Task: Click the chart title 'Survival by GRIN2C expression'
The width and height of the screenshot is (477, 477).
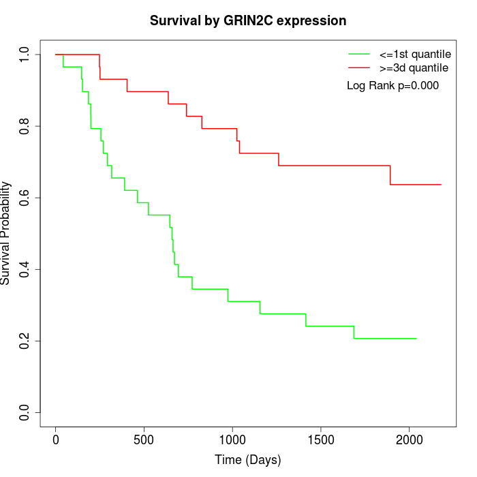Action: coord(248,20)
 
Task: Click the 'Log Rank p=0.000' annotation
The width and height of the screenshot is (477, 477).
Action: coord(393,86)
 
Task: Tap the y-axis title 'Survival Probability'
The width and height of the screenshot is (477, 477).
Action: coord(6,233)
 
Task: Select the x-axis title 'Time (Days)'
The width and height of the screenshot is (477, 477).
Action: coord(248,460)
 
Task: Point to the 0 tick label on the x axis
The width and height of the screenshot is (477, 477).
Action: coord(56,440)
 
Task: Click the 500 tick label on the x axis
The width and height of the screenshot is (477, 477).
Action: coord(144,440)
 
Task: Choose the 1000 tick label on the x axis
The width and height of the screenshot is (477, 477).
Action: coord(232,440)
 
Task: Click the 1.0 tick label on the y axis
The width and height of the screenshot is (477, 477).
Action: coord(25,55)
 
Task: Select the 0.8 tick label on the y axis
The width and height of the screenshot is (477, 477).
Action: coord(25,126)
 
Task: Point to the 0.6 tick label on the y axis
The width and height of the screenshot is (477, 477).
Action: coord(25,198)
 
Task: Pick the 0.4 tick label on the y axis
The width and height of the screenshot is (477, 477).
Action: coord(25,269)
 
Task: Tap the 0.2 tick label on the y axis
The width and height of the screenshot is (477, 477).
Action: coord(25,341)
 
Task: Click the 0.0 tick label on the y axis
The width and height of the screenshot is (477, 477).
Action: coord(25,412)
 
